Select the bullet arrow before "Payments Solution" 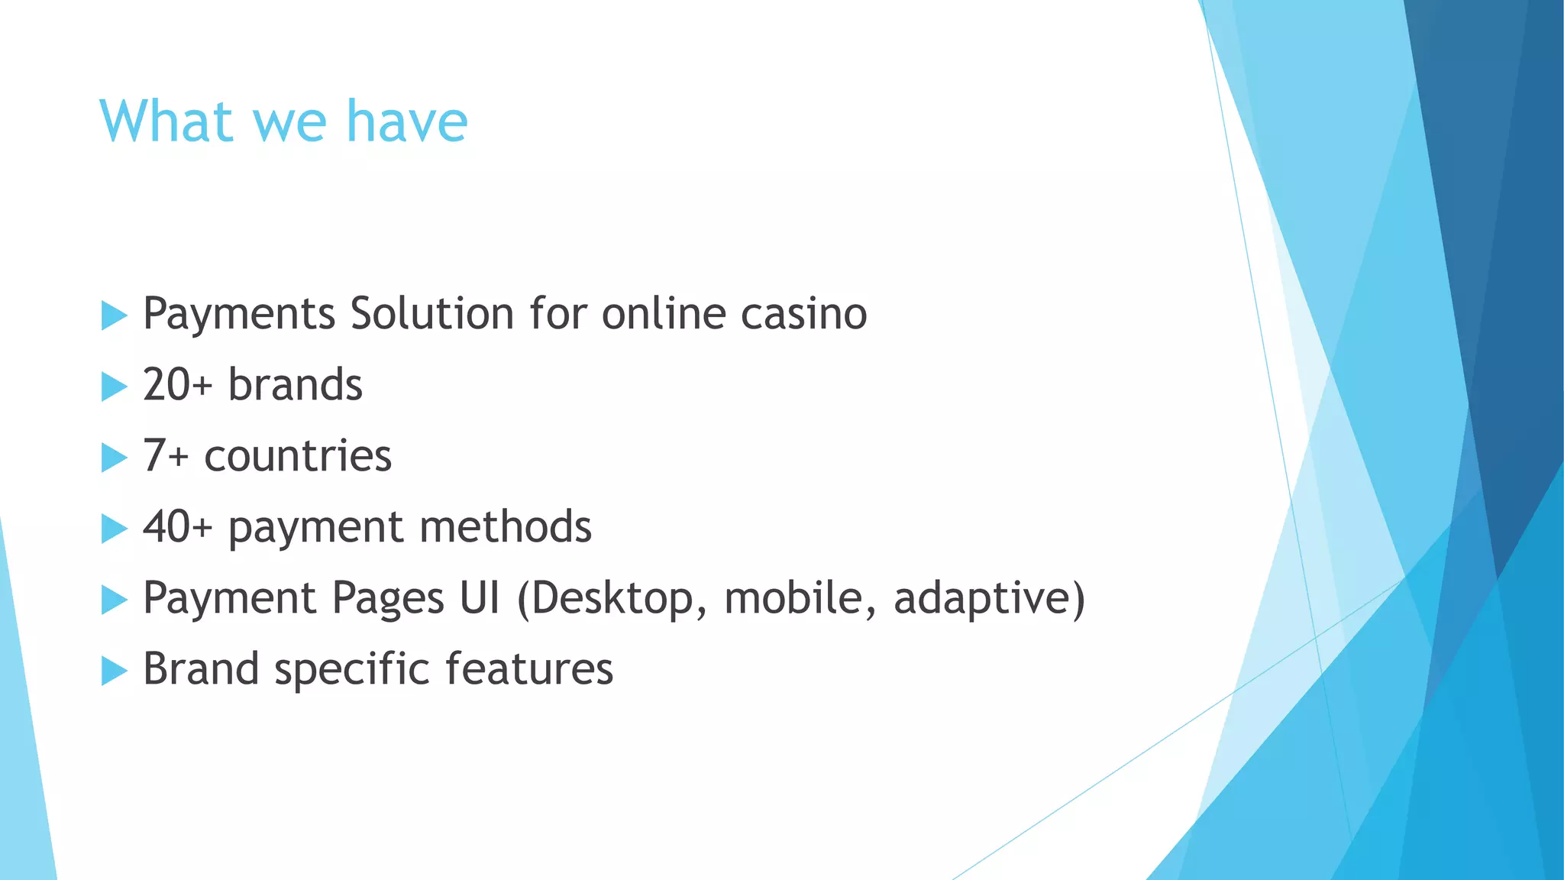click(114, 315)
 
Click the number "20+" click(177, 385)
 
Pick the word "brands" click(295, 385)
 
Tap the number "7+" click(166, 456)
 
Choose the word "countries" click(298, 456)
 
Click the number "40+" click(177, 527)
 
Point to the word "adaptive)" click(989, 598)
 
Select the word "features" click(529, 669)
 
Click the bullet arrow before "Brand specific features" click(114, 671)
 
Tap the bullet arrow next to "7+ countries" click(114, 458)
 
